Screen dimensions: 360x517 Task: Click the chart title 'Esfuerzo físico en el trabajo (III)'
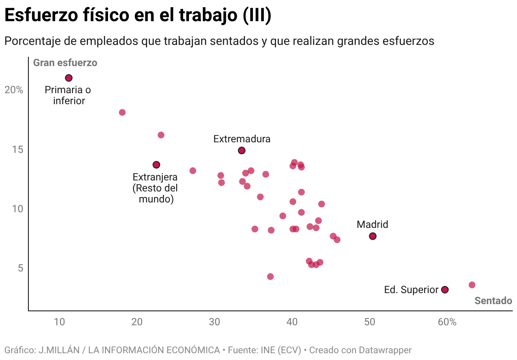point(138,16)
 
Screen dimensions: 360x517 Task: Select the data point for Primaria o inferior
point(69,78)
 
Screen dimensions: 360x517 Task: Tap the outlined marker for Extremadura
point(242,150)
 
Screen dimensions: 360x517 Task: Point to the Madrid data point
point(372,236)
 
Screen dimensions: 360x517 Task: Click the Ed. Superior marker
point(445,290)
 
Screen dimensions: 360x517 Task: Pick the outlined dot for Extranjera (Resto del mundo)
point(156,165)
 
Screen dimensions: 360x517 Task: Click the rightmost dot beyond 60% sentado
point(472,285)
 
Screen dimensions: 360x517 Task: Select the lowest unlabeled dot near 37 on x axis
point(270,277)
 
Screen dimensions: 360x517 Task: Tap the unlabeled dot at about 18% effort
point(122,113)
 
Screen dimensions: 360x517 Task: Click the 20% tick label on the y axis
point(14,90)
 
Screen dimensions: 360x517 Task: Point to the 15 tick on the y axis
point(17,150)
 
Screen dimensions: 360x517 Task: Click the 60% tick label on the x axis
point(447,322)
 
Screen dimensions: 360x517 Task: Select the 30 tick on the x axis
point(214,322)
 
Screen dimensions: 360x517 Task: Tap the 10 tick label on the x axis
point(59,322)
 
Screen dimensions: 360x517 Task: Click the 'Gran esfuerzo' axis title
point(65,63)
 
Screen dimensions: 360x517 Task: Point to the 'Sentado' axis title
point(493,301)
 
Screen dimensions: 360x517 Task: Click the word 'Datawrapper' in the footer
point(385,350)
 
